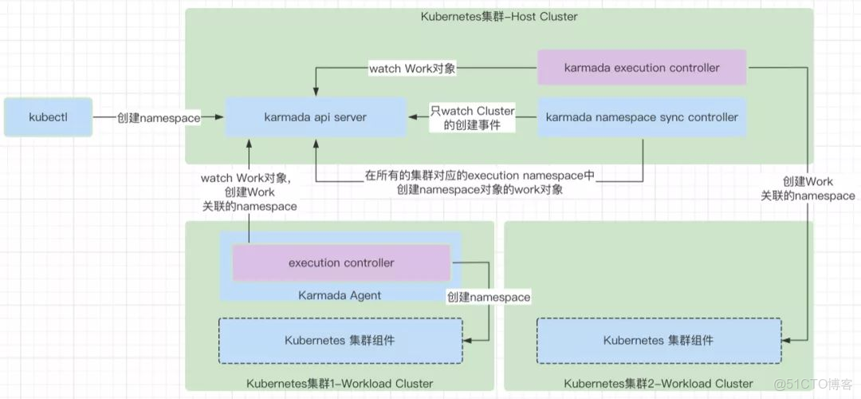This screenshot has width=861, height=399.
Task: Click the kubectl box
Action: tap(48, 117)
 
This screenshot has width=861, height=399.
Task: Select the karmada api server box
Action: tap(315, 117)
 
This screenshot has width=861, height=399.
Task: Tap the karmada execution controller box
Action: tap(642, 68)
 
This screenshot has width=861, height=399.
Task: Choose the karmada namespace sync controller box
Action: tap(642, 117)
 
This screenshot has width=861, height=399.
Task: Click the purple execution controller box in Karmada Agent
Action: tap(341, 263)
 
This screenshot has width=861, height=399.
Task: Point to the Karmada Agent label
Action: tap(340, 295)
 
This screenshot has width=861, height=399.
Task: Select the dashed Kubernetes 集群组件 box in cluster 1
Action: tap(340, 340)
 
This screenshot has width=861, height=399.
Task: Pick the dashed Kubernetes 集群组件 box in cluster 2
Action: tap(658, 340)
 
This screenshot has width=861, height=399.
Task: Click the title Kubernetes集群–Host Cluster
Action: tap(499, 17)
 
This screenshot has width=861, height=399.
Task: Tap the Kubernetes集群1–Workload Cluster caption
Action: tap(340, 384)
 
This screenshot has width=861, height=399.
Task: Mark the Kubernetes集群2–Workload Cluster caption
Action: tap(658, 384)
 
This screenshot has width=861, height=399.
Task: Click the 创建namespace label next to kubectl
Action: tap(158, 117)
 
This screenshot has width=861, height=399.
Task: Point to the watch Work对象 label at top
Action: tap(412, 69)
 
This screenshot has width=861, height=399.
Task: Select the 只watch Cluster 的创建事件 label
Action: tap(474, 118)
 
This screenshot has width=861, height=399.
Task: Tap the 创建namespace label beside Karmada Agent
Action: tap(488, 297)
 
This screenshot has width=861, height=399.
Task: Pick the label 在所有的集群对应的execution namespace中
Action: tap(480, 175)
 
